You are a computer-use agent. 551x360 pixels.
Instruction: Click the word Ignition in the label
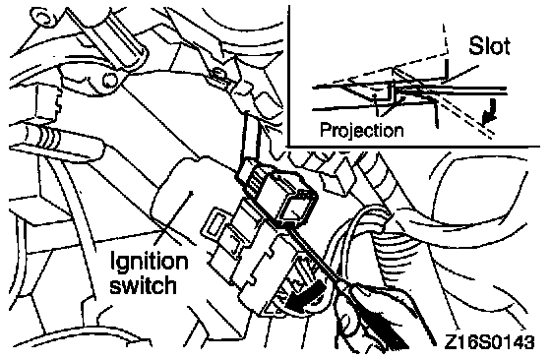tap(150, 263)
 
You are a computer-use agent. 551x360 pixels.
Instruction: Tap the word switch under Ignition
tap(143, 284)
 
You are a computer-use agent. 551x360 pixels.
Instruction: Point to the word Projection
tap(362, 130)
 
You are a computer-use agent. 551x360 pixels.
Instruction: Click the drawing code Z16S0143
tap(490, 342)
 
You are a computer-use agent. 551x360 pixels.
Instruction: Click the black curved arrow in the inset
tap(491, 111)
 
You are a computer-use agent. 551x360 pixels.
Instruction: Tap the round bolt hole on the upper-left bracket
tap(109, 81)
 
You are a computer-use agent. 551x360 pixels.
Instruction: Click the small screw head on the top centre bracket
tap(218, 74)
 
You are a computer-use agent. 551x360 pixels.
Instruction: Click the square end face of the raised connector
tap(293, 210)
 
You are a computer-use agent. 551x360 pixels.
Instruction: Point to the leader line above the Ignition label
tap(175, 216)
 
